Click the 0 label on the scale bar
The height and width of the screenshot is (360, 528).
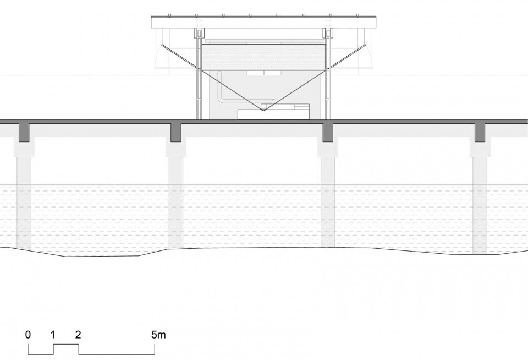(28, 334)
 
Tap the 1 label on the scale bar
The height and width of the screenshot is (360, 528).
(53, 334)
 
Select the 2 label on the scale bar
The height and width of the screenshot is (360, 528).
(78, 334)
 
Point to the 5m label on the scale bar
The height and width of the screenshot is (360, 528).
(158, 334)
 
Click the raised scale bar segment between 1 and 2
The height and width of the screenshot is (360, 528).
(66, 344)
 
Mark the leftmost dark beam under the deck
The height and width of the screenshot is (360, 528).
(24, 133)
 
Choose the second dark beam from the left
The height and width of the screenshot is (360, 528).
(176, 133)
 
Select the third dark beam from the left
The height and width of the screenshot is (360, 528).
(328, 133)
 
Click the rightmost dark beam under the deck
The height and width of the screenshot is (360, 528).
(480, 133)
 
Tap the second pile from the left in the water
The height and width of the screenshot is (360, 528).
(176, 202)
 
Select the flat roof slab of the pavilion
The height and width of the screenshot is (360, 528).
(263, 22)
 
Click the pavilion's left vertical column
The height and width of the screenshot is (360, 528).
(199, 74)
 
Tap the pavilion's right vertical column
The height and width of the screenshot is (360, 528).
(328, 74)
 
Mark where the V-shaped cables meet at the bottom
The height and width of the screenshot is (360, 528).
(263, 110)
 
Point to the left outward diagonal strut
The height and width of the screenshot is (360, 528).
(178, 57)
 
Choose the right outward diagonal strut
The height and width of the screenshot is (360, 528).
(347, 57)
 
